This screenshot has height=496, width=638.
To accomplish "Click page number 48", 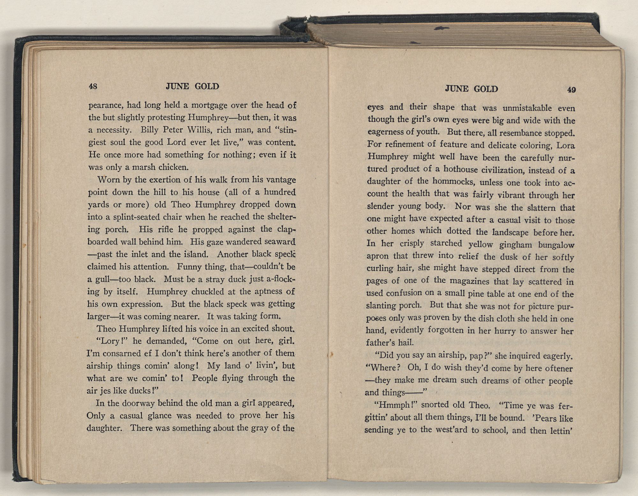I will click(x=93, y=86).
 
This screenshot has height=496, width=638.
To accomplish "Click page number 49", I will click(x=571, y=90).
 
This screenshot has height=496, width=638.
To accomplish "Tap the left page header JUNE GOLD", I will click(x=192, y=86).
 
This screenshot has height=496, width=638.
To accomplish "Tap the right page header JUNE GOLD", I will click(x=471, y=89).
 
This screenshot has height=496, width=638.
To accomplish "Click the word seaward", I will click(x=276, y=242).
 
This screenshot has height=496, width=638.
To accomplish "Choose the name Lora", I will click(x=566, y=146).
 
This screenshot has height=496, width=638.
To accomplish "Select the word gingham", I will click(x=515, y=245).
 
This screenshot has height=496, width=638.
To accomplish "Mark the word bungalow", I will click(x=556, y=245).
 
